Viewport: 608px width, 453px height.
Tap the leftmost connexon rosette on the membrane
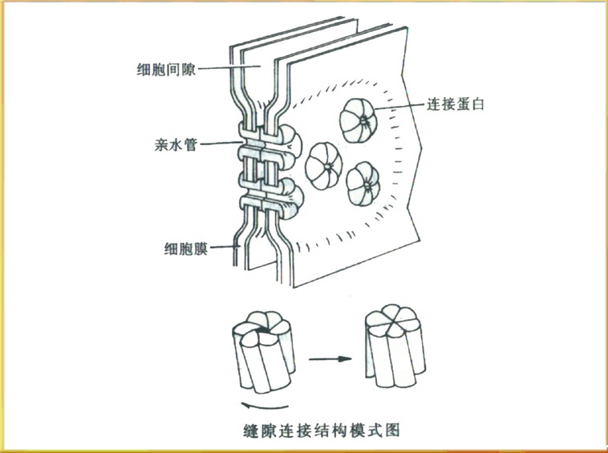point(325,167)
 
